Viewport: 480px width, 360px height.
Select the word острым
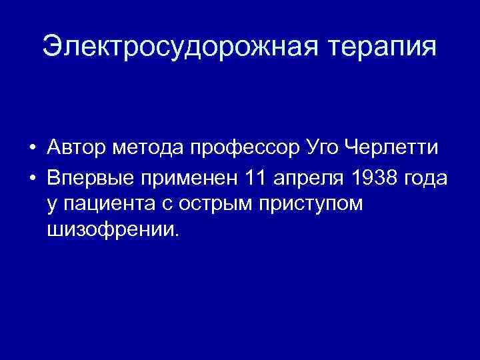[215, 203]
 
